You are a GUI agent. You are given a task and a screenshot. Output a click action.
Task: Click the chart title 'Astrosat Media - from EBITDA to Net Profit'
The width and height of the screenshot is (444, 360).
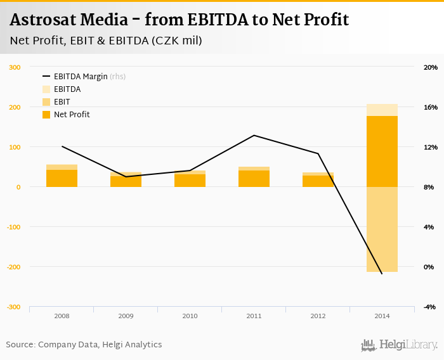tap(180, 20)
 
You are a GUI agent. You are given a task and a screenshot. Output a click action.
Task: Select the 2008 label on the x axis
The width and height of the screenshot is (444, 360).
tap(62, 315)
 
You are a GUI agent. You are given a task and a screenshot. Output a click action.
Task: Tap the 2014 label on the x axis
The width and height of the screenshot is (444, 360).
tap(382, 315)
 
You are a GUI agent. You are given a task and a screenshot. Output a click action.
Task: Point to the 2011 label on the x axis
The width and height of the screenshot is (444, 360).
tap(254, 315)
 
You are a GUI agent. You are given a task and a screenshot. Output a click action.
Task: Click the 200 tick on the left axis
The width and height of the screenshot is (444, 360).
tap(15, 107)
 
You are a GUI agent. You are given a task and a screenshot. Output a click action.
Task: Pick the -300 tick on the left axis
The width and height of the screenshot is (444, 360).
tap(13, 307)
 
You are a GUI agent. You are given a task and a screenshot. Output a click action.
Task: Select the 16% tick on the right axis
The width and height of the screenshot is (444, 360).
tap(431, 107)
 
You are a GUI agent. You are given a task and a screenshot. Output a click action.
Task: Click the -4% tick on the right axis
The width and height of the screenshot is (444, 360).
tap(430, 307)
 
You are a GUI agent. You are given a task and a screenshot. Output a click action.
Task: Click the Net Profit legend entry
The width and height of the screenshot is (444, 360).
tap(72, 115)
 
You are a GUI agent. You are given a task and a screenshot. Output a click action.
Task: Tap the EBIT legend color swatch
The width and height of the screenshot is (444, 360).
tap(46, 102)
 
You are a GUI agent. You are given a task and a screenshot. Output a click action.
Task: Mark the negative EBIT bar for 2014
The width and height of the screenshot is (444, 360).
tap(382, 229)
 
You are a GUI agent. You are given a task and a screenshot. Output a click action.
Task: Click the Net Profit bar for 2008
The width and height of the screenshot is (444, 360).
tap(62, 179)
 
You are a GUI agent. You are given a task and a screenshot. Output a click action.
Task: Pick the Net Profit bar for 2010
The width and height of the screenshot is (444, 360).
tap(190, 181)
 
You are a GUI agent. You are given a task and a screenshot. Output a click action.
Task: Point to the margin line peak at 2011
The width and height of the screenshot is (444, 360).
tap(254, 135)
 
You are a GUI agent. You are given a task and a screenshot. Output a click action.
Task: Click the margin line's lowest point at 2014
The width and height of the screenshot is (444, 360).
tap(382, 274)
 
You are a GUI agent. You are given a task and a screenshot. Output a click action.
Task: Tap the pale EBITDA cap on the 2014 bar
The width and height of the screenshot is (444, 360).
tap(382, 110)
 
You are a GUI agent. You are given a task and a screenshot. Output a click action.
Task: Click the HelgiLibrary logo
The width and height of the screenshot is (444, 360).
tap(399, 345)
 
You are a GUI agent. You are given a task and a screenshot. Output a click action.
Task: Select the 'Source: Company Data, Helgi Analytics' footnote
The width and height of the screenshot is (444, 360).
tap(84, 345)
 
